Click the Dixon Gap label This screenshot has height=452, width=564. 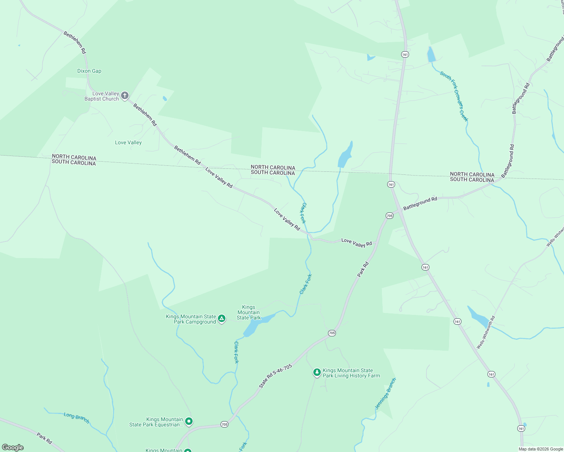click(89, 71)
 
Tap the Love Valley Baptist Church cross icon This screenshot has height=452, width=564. click(125, 96)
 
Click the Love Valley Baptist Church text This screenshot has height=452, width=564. click(101, 96)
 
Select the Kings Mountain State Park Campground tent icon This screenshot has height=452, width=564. click(222, 319)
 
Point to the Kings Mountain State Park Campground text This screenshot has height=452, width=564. click(191, 319)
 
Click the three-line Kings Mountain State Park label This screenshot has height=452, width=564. click(248, 313)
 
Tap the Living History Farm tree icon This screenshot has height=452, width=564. click(317, 373)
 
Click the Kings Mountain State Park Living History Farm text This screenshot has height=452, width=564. click(351, 373)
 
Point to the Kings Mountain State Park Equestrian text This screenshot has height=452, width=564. click(156, 422)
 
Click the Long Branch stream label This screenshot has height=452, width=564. click(77, 418)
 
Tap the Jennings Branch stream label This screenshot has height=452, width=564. click(385, 394)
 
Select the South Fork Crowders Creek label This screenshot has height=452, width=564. click(454, 96)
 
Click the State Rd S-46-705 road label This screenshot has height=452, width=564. click(276, 376)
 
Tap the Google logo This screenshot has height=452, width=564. click(13, 447)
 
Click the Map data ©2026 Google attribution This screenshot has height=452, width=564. click(541, 449)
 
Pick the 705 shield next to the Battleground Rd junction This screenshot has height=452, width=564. click(389, 216)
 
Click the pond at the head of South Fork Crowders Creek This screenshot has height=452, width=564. click(431, 55)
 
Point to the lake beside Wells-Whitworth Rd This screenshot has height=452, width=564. click(478, 316)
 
